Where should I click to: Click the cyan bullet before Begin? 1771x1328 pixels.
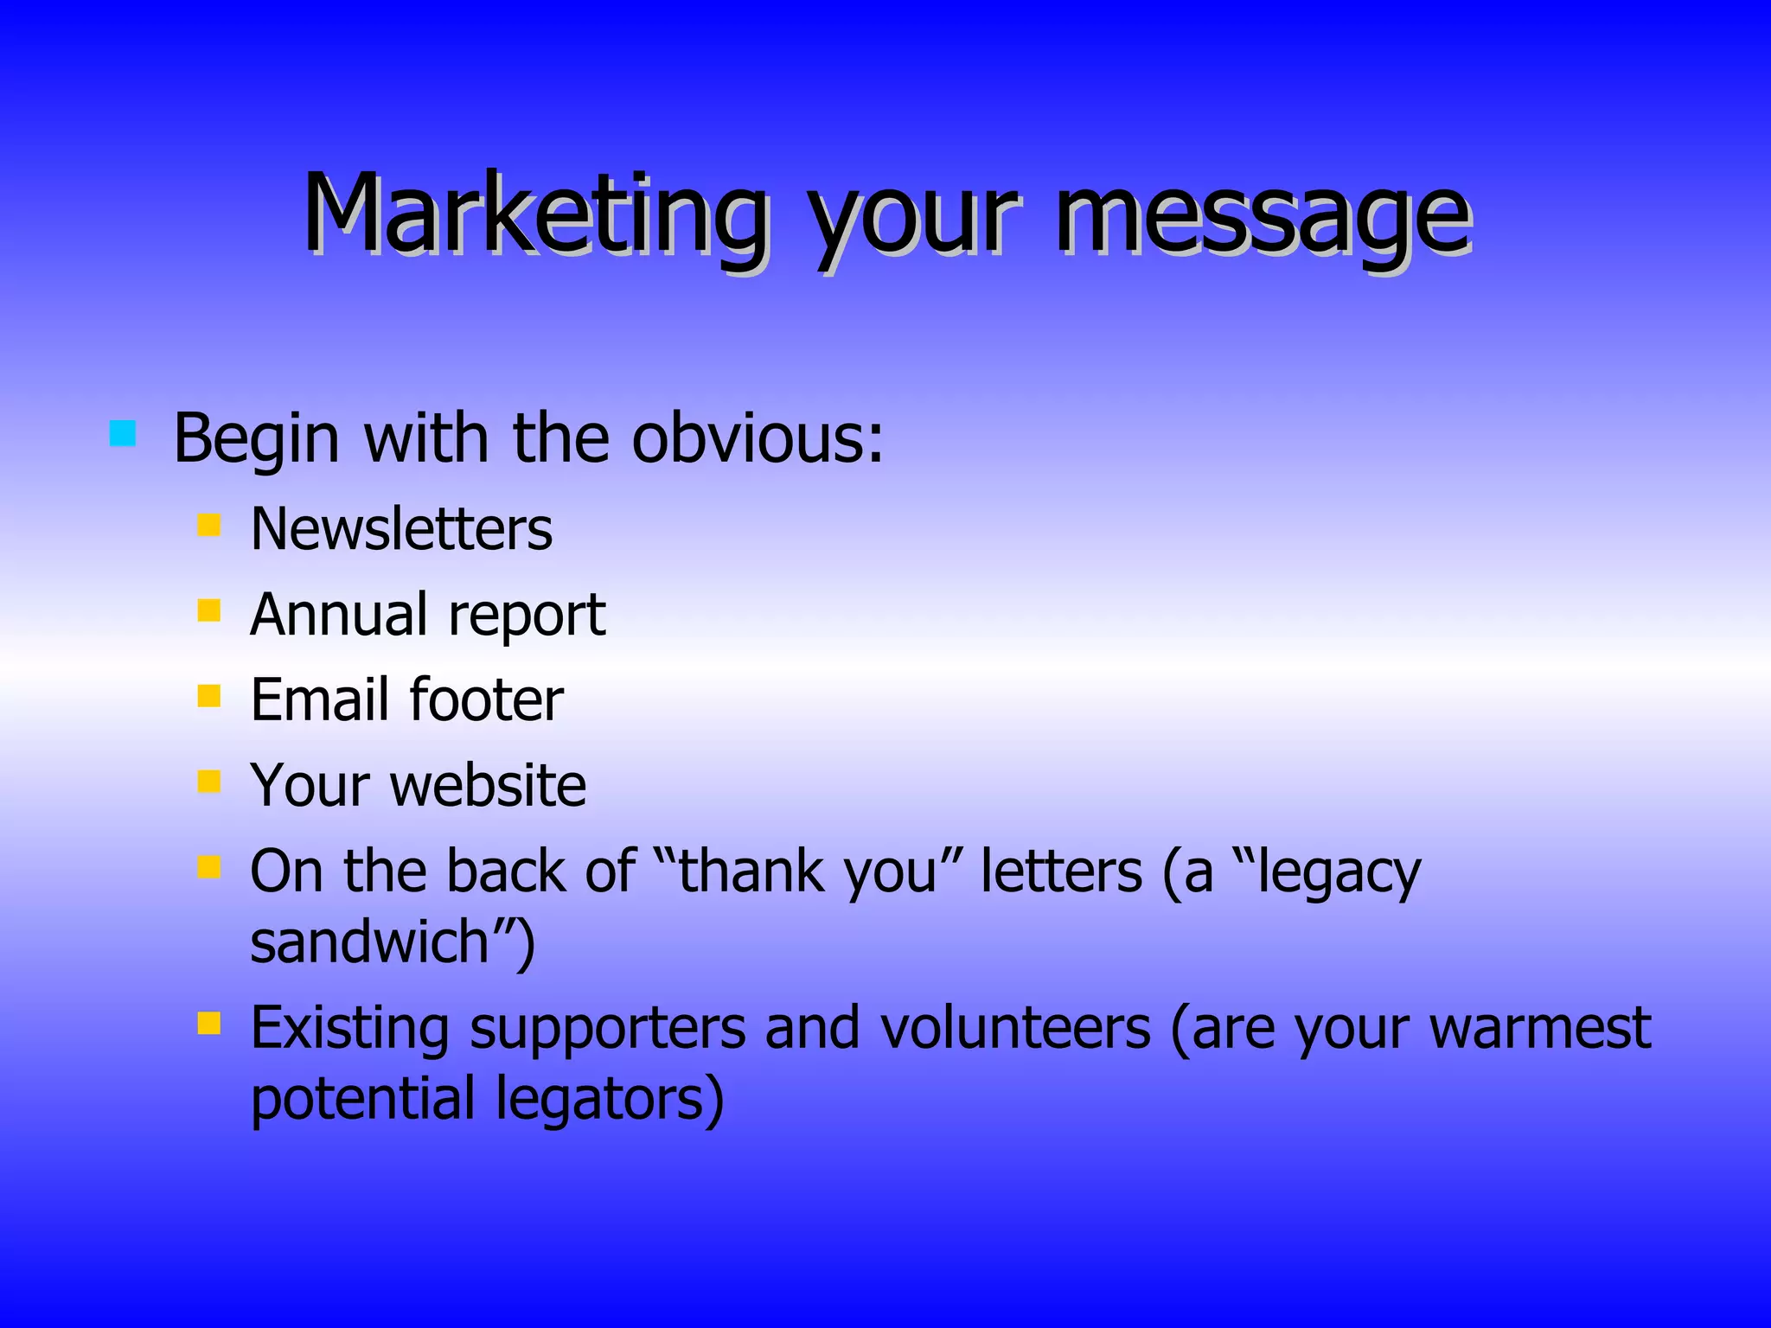pyautogui.click(x=123, y=432)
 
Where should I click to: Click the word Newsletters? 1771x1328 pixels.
pyautogui.click(x=401, y=529)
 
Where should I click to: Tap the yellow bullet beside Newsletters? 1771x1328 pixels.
pyautogui.click(x=209, y=525)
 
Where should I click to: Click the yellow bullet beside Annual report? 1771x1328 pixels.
pyautogui.click(x=209, y=610)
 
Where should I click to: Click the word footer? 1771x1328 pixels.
pyautogui.click(x=486, y=699)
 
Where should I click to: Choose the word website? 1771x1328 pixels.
pyautogui.click(x=488, y=785)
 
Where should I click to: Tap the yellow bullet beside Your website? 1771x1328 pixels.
pyautogui.click(x=209, y=782)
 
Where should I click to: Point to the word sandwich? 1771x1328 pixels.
pyautogui.click(x=370, y=942)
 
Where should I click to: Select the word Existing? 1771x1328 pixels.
pyautogui.click(x=349, y=1028)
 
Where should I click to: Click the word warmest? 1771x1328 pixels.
pyautogui.click(x=1540, y=1028)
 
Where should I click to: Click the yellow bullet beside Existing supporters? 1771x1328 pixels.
pyautogui.click(x=209, y=1025)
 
